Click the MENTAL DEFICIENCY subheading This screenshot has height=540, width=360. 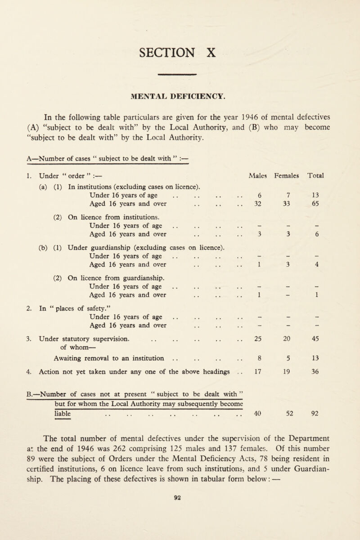point(180,95)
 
